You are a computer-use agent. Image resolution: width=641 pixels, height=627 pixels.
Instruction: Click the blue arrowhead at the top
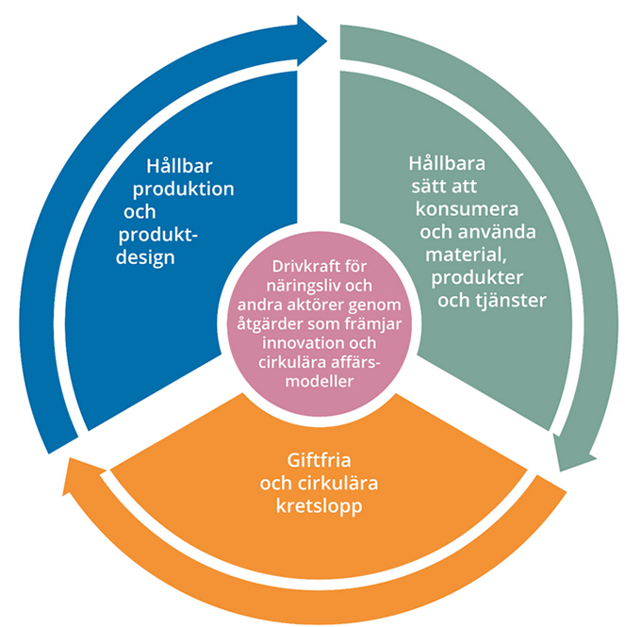coord(310,41)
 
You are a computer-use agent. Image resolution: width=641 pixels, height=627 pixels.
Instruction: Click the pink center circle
coord(319,324)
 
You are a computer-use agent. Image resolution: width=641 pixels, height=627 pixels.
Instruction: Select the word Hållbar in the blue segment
coord(179,166)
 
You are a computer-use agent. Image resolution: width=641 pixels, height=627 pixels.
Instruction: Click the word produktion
coord(184,190)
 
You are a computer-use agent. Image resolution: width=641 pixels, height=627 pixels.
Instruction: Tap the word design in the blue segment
coord(145,257)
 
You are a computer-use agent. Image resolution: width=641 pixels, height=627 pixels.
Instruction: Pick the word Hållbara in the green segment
coord(447,164)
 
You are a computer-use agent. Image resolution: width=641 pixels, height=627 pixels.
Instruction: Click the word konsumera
coord(467,209)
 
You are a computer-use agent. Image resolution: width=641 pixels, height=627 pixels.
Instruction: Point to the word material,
coord(466,256)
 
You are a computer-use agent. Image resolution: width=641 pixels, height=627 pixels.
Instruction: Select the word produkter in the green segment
coord(477,278)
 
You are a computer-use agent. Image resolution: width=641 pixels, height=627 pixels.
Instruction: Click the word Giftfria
coord(319,460)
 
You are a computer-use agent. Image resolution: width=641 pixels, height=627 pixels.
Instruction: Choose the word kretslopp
coord(319,506)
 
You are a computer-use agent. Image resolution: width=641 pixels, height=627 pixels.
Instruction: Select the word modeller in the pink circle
coord(319,381)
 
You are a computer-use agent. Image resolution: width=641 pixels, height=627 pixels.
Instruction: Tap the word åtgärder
coord(270,324)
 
